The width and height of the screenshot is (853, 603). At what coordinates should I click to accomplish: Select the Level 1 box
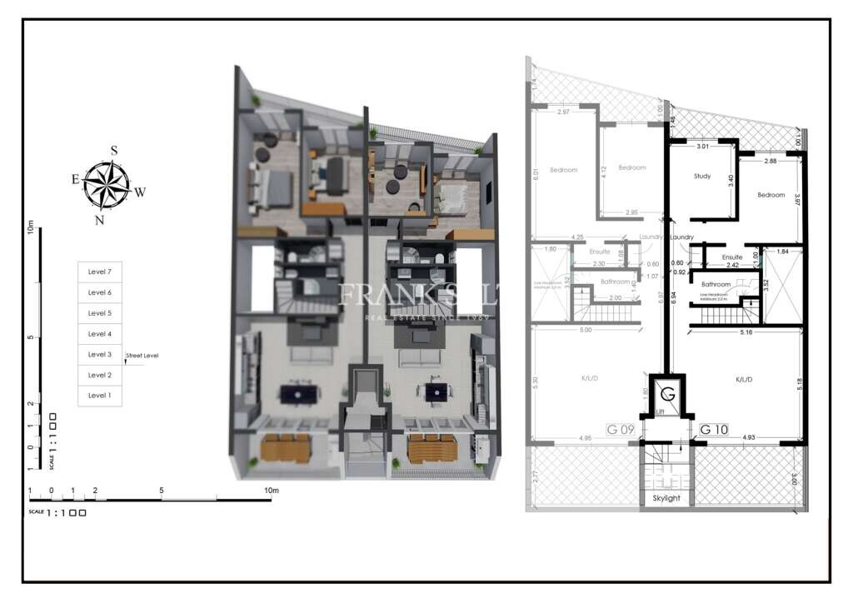click(x=99, y=396)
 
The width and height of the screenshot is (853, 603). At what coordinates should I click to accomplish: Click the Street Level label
click(x=142, y=356)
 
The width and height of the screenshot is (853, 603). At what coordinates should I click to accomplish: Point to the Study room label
click(x=702, y=176)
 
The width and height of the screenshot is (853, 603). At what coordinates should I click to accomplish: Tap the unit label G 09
click(x=621, y=430)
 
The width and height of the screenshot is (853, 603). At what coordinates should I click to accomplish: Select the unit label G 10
click(x=715, y=430)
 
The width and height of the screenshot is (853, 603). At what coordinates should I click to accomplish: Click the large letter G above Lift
click(x=666, y=393)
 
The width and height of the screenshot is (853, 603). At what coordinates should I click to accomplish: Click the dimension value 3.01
click(x=702, y=147)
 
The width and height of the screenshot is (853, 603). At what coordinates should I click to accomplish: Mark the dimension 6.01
click(x=537, y=174)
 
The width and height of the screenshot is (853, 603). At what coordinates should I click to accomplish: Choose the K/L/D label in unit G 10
click(x=744, y=379)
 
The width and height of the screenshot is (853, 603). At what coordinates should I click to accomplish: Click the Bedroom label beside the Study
click(x=771, y=195)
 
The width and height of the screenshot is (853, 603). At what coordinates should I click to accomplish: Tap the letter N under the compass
click(x=99, y=220)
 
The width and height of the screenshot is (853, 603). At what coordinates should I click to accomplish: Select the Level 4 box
click(x=99, y=334)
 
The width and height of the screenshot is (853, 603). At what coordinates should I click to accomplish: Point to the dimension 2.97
click(x=563, y=112)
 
